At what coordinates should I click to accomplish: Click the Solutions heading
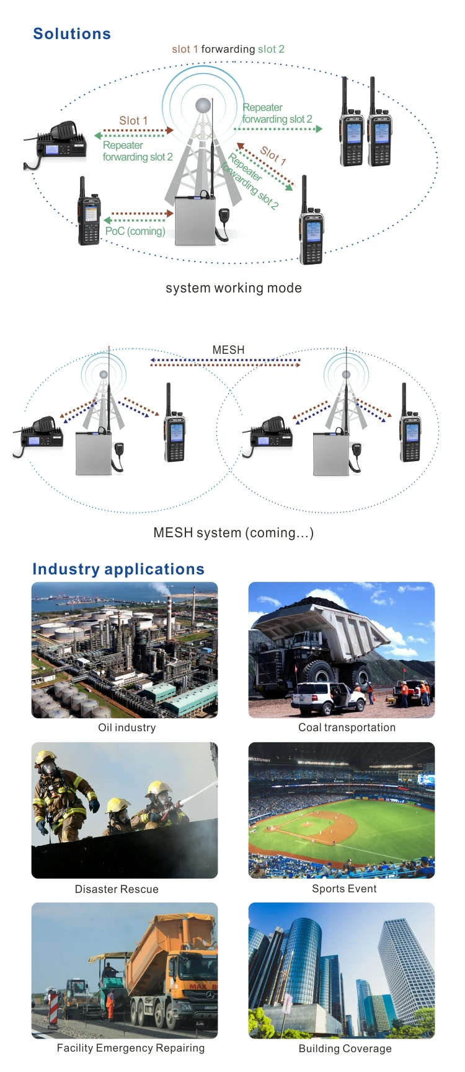click(72, 34)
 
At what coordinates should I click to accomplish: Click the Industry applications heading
click(118, 569)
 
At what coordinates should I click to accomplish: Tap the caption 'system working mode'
click(234, 288)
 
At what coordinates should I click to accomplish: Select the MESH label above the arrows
click(228, 350)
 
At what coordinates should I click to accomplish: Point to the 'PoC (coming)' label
click(135, 231)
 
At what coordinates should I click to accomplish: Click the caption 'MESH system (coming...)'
click(233, 533)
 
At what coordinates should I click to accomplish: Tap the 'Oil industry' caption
click(127, 727)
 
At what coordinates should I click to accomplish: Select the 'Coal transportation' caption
click(347, 727)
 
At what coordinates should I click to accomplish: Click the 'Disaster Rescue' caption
click(117, 889)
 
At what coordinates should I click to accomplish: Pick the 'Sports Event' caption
click(344, 889)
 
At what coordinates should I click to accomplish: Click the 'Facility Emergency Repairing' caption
click(131, 1048)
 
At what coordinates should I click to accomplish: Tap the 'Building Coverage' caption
click(345, 1048)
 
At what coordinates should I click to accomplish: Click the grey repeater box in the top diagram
click(195, 221)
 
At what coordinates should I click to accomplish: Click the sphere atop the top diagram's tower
click(203, 105)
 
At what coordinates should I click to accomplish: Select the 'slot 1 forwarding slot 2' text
click(228, 49)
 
